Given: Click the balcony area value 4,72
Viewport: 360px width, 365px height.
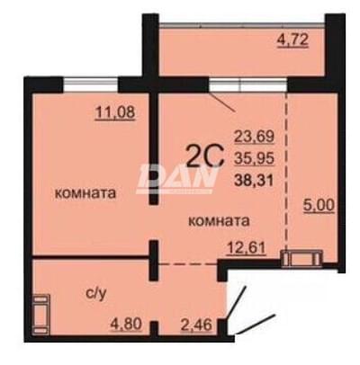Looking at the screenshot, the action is pos(292,40).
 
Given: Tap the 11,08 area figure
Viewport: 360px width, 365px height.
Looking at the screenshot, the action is pos(115,113).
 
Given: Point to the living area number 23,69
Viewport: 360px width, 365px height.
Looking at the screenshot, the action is pos(254,137).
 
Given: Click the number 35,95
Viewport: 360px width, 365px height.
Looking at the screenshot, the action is pos(254,158).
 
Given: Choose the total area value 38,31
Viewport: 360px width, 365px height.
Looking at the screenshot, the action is pos(254,180).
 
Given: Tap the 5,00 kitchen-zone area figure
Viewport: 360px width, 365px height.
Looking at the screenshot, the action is pos(319,206).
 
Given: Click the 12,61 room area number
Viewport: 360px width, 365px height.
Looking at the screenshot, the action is pos(247,248).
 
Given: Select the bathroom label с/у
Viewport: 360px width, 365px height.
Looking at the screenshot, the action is pos(95,295).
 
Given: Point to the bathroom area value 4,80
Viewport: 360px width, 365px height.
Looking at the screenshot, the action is pos(126,325).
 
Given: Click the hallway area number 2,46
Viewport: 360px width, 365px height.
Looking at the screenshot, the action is pos(196,325).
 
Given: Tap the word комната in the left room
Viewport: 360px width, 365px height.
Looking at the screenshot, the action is pos(85,193).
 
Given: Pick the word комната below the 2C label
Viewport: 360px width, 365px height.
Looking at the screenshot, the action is pos(219,221).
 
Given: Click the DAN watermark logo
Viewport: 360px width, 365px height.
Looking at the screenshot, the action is pos(176,178).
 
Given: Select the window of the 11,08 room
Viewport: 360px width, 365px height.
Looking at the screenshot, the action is pos(91,85).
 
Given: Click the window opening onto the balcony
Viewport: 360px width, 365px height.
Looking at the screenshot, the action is pos(248,85).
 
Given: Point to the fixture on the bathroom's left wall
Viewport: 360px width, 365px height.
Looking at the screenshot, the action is pos(41,314).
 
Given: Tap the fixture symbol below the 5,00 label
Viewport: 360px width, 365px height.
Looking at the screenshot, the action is pos(301,258).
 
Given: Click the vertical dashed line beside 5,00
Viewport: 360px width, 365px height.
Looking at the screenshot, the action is pos(285,171).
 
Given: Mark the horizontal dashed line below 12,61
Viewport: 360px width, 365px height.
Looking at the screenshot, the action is pos(188,264).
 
